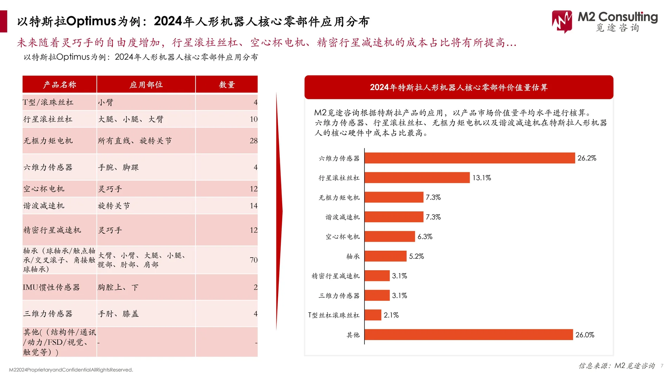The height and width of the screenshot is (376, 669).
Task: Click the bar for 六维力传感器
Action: tap(469, 158)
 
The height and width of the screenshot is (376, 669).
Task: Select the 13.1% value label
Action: tap(482, 178)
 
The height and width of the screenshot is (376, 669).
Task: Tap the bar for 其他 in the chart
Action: tap(468, 335)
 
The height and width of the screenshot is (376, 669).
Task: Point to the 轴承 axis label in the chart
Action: tap(353, 257)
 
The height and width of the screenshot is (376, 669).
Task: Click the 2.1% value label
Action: tap(391, 315)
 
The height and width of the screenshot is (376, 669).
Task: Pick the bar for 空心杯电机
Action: tap(390, 237)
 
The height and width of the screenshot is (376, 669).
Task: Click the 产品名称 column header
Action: tap(60, 85)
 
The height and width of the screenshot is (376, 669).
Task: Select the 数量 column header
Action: tap(227, 85)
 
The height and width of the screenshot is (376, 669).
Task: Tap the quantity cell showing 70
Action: tap(253, 260)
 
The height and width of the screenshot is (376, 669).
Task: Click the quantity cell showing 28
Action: tap(253, 141)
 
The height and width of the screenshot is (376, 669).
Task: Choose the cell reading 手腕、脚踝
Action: tap(118, 168)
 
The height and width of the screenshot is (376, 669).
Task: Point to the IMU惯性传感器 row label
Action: tap(52, 288)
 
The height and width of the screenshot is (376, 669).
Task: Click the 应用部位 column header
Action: tap(146, 85)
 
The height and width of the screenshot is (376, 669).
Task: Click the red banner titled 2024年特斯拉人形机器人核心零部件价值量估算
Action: tap(459, 87)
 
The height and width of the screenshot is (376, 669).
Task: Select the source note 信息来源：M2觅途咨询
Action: tap(616, 366)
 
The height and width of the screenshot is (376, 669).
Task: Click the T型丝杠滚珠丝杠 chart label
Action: tap(333, 315)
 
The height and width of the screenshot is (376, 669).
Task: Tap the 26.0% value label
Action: tap(585, 335)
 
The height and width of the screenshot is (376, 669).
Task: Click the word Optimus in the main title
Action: tap(91, 21)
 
